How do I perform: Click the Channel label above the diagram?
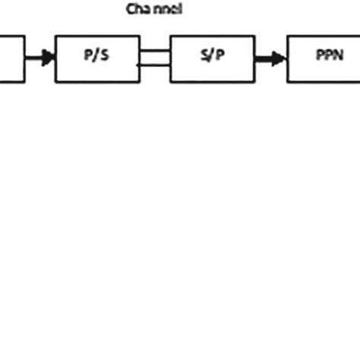pyautogui.click(x=153, y=10)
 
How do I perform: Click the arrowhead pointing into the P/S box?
pyautogui.click(x=49, y=57)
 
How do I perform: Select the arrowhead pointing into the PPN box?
pyautogui.click(x=280, y=58)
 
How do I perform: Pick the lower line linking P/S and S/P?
pyautogui.click(x=155, y=65)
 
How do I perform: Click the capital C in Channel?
pyautogui.click(x=130, y=10)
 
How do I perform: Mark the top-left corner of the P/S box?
pyautogui.click(x=55, y=34)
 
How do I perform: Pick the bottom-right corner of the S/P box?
pyautogui.click(x=254, y=81)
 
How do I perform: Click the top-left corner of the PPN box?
pyautogui.click(x=288, y=34)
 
